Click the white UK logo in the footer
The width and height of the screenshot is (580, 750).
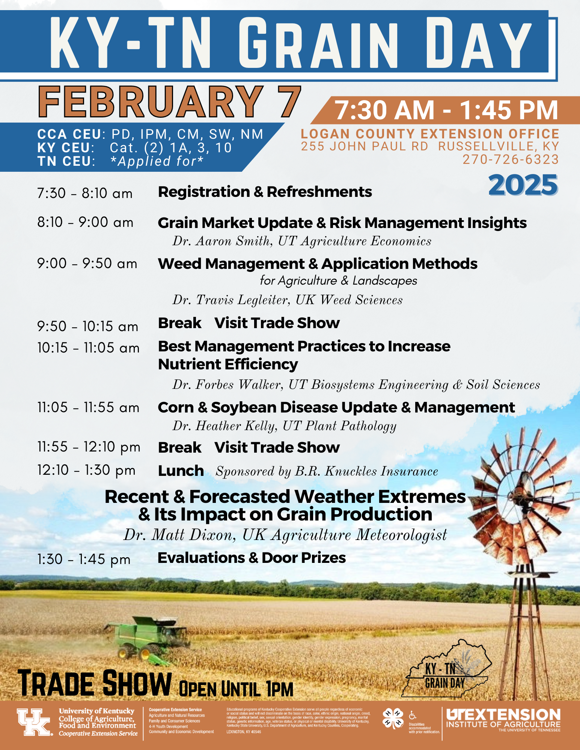click(34, 722)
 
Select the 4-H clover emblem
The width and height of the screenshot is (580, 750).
click(393, 718)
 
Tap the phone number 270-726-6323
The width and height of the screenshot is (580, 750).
click(511, 159)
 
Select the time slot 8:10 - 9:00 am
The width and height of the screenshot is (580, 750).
click(85, 222)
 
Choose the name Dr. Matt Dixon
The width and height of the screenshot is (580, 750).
click(179, 535)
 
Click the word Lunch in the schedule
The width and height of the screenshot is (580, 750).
click(181, 471)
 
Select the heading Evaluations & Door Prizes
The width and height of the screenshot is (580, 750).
click(252, 558)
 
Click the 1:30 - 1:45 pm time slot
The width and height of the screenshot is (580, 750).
click(84, 559)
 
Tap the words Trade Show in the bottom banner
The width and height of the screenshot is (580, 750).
click(95, 684)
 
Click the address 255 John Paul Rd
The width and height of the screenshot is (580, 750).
click(364, 147)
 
